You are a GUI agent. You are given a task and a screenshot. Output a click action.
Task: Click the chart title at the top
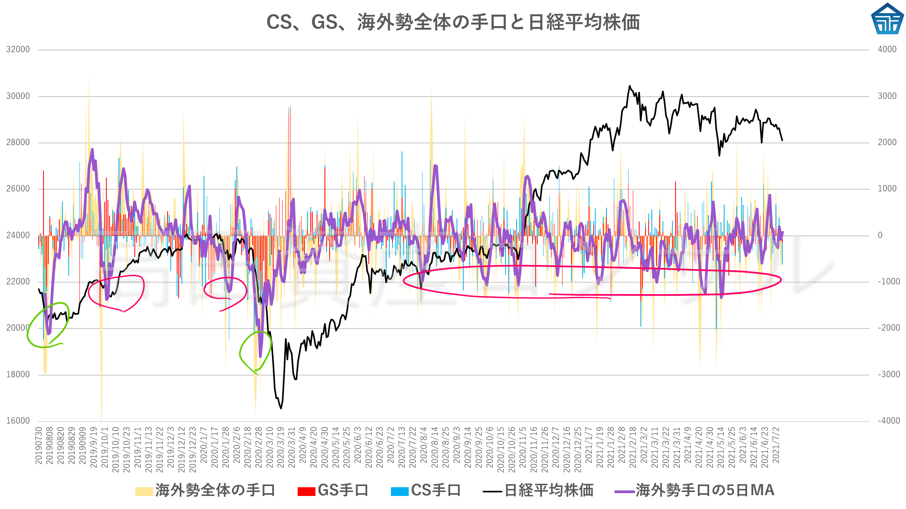(x=453, y=22)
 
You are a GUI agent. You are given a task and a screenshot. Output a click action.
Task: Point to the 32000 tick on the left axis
(x=18, y=49)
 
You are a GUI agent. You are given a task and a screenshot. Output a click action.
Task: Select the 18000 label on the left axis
(x=18, y=375)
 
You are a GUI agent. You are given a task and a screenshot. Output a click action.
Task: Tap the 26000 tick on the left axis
(x=18, y=189)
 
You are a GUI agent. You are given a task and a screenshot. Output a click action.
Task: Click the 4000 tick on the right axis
(x=887, y=49)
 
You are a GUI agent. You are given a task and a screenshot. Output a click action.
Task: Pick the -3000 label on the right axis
(x=889, y=375)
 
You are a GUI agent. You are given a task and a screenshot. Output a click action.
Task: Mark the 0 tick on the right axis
(x=880, y=235)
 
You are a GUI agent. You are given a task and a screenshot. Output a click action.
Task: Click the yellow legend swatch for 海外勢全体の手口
(x=144, y=491)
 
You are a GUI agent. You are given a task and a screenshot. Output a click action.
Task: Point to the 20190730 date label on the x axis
(x=39, y=446)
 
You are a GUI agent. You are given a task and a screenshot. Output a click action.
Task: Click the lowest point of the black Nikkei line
(x=281, y=409)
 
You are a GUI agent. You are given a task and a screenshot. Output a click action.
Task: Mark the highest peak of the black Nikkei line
(x=630, y=86)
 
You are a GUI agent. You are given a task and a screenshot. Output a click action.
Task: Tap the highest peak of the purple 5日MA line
(x=92, y=149)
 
